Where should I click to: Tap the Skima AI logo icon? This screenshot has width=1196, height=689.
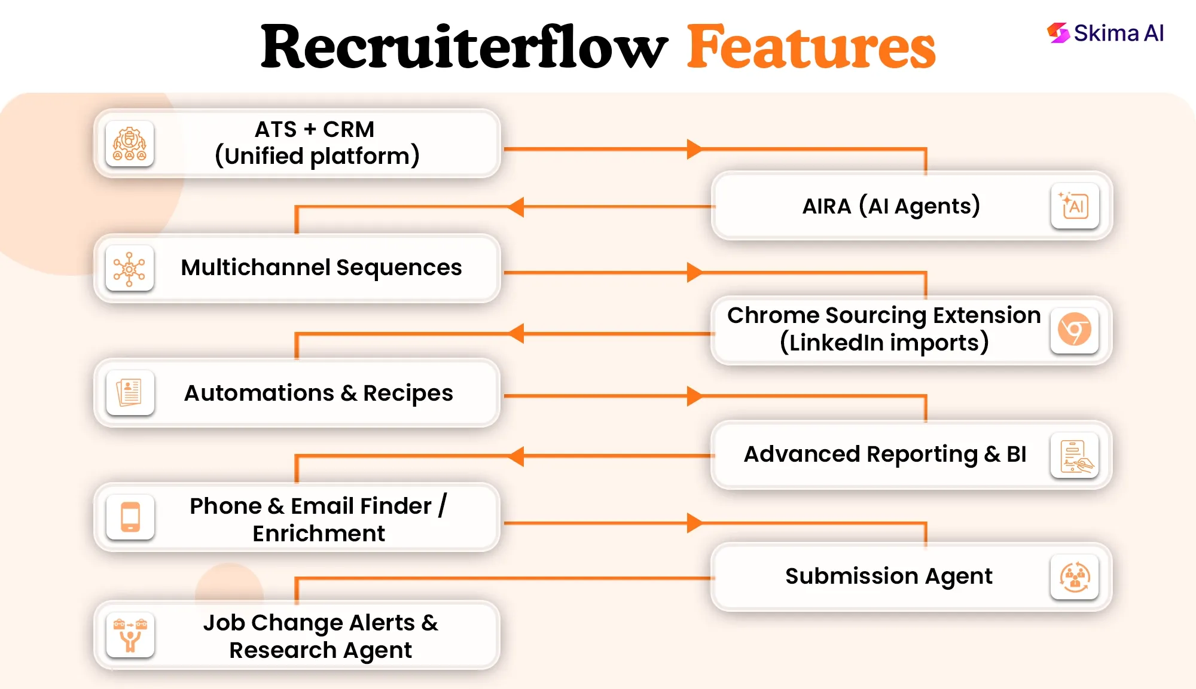click(1058, 33)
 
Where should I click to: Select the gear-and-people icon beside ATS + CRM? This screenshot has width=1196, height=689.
click(130, 144)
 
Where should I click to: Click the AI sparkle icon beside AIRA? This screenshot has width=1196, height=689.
click(1075, 206)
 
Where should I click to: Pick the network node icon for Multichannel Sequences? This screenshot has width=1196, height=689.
click(130, 269)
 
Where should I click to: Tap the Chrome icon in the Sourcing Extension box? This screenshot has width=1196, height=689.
click(1075, 330)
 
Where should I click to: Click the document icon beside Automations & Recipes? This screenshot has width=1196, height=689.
click(130, 392)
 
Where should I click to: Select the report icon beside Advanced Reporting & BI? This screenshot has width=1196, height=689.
click(1075, 455)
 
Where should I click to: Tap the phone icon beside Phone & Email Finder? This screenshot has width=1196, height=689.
click(130, 517)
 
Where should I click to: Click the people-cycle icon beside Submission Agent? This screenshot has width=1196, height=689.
click(1075, 577)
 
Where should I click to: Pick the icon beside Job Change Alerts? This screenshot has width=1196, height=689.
click(130, 635)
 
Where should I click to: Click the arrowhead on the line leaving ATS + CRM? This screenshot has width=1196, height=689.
click(694, 149)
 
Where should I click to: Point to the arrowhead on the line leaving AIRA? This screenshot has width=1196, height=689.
click(517, 207)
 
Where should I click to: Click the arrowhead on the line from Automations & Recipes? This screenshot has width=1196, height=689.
click(694, 396)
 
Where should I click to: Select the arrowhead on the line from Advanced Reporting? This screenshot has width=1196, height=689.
click(517, 456)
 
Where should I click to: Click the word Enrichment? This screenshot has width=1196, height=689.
click(319, 533)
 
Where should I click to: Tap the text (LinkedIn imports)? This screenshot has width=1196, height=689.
click(884, 343)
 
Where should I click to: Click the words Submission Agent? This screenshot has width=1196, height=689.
click(889, 576)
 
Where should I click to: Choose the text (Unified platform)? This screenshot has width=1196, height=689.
click(318, 156)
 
